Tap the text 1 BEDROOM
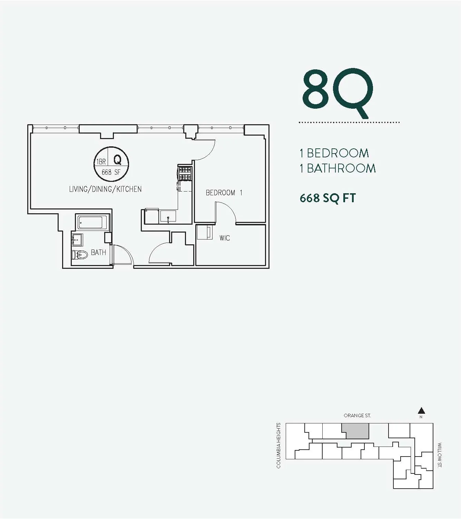point(334,153)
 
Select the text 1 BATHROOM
point(337,168)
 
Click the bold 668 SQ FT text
point(327,198)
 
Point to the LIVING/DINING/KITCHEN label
point(105,189)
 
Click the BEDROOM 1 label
point(224,193)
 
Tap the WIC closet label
point(224,238)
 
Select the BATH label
point(98,253)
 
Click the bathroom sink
point(77,239)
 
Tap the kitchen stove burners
point(185,174)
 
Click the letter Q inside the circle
point(117,160)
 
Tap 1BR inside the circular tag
point(101,161)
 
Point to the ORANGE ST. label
point(357,415)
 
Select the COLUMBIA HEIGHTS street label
point(279,445)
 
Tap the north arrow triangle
point(421,411)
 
